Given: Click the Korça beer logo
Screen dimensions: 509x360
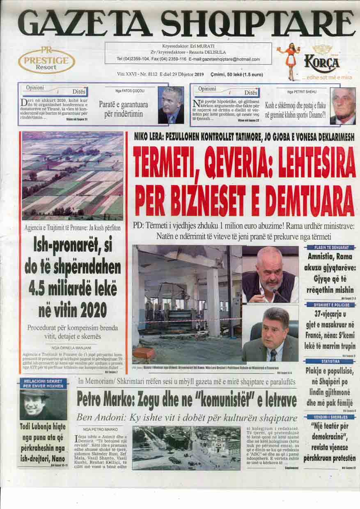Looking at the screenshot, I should click(322, 62).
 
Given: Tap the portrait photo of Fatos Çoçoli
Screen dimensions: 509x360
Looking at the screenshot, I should click(171, 105).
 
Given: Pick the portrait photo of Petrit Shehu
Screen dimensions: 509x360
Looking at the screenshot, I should click(343, 106).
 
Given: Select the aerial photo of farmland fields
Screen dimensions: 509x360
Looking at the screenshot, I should click(73, 176).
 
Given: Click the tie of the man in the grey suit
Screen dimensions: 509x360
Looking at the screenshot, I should click(273, 355).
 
